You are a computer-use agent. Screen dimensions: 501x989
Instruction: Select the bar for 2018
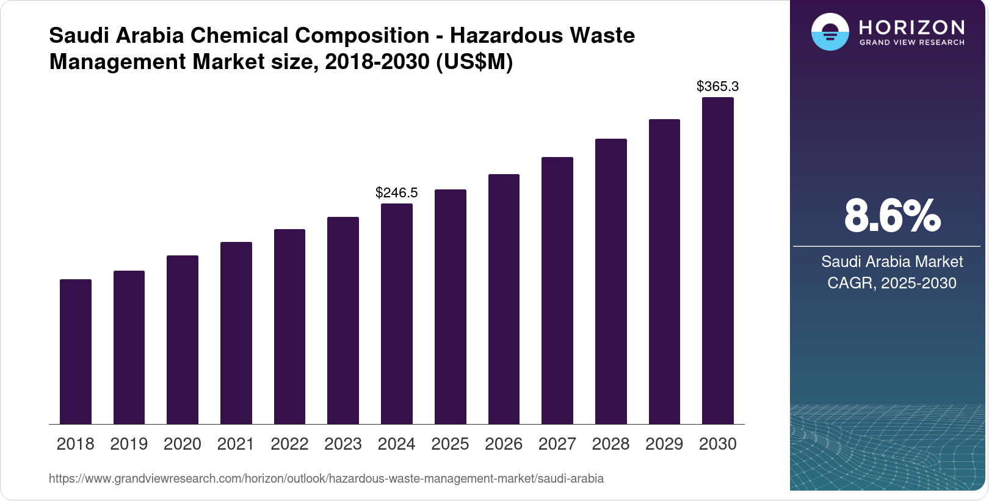pyautogui.click(x=76, y=351)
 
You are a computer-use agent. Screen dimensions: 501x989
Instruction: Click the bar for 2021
pyautogui.click(x=236, y=333)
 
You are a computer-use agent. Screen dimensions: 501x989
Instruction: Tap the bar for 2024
pyautogui.click(x=397, y=313)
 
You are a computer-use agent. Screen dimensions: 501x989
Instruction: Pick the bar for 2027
pyautogui.click(x=557, y=290)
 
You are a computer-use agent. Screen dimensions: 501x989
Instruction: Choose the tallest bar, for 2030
pyautogui.click(x=718, y=260)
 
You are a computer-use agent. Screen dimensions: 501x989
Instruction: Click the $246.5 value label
pyautogui.click(x=397, y=193)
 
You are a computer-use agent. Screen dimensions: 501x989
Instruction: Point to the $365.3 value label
pyautogui.click(x=718, y=87)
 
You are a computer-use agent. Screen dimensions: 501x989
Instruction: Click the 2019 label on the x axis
pyautogui.click(x=129, y=444)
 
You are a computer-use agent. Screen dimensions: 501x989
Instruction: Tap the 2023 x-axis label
pyautogui.click(x=343, y=444)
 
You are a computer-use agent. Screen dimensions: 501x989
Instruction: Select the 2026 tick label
pyautogui.click(x=504, y=444)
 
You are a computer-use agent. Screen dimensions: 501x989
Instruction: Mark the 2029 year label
pyautogui.click(x=664, y=444)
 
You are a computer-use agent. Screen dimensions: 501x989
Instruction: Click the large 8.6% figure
pyautogui.click(x=892, y=216)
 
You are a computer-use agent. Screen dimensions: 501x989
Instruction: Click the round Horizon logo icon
pyautogui.click(x=830, y=32)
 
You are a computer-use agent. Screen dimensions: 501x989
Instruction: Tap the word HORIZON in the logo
pyautogui.click(x=912, y=27)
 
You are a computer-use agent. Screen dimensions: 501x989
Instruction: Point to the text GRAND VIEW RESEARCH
pyautogui.click(x=912, y=43)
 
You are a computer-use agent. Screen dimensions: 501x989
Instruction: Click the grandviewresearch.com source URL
pyautogui.click(x=326, y=478)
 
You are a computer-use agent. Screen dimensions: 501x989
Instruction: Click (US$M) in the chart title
pyautogui.click(x=474, y=62)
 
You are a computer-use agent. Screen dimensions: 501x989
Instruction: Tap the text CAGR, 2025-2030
pyautogui.click(x=892, y=283)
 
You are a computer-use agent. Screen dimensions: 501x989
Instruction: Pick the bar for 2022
pyautogui.click(x=289, y=327)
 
